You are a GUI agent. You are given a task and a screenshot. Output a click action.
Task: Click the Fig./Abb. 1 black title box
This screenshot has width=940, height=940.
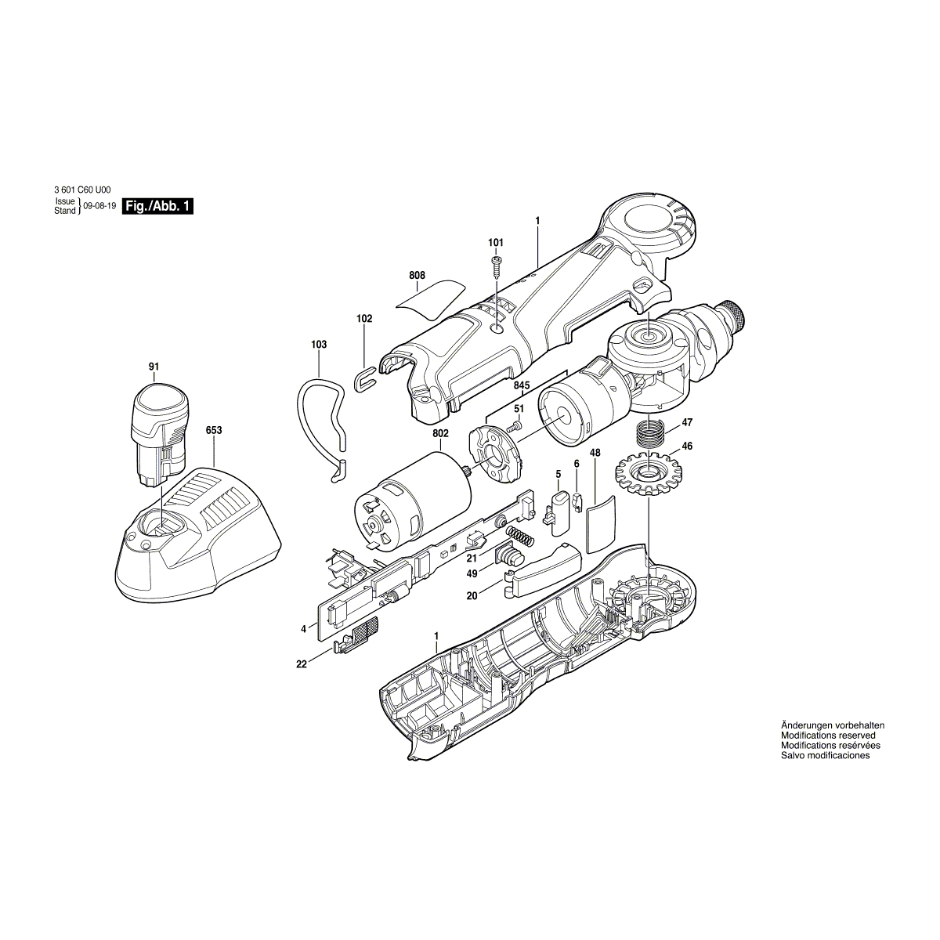157,206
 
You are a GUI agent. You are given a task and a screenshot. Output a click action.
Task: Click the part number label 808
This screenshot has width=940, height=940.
417,275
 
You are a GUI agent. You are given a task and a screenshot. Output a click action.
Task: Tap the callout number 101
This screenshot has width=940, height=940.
496,242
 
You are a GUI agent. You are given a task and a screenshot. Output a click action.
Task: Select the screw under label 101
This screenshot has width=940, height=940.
497,266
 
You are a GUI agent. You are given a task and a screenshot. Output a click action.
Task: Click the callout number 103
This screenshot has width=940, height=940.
319,345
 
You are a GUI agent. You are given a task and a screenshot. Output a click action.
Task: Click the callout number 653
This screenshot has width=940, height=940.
214,430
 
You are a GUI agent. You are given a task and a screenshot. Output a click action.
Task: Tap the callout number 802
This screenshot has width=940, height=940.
440,433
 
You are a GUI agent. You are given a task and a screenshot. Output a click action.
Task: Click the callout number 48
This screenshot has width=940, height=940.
595,453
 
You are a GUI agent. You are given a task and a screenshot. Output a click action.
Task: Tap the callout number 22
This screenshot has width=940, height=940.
302,664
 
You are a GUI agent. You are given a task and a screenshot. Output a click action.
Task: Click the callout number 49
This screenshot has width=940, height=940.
472,574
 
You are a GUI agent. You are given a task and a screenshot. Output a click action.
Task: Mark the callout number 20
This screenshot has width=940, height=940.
472,596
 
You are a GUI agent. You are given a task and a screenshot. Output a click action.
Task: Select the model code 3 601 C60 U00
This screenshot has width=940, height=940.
82,190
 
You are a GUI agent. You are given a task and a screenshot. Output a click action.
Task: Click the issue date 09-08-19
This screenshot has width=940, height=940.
99,206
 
